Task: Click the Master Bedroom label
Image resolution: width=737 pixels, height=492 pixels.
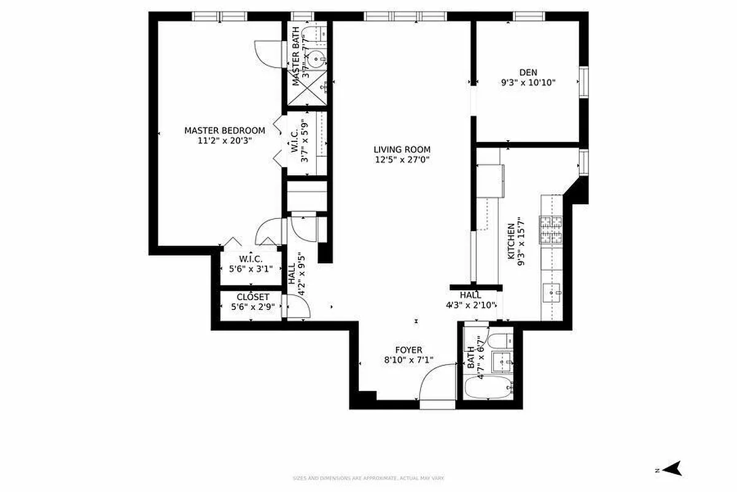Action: point(225,130)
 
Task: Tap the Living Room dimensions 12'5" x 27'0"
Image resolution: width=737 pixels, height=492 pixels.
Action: point(402,160)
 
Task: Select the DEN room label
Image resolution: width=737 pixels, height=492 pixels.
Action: point(528,72)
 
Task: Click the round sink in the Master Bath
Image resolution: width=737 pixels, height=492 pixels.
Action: point(316,60)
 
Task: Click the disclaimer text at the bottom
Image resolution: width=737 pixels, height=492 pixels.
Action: point(368,478)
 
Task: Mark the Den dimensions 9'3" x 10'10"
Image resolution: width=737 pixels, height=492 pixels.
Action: point(528,82)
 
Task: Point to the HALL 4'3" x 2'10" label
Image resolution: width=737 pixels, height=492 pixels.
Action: point(470,300)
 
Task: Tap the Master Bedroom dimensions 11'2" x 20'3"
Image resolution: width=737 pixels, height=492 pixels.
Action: point(225,141)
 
